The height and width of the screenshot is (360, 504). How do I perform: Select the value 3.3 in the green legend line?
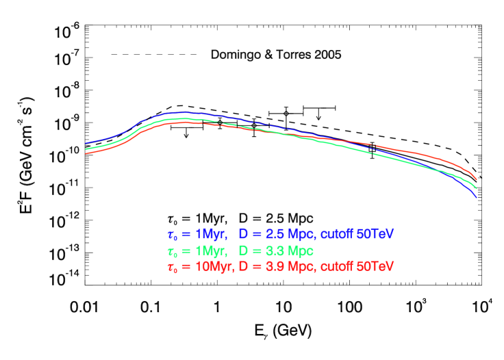277,250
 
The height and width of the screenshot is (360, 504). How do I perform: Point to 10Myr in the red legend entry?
213,266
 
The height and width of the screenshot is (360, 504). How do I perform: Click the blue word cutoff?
337,234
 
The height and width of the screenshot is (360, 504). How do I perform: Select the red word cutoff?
337,266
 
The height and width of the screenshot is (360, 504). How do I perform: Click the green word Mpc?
301,250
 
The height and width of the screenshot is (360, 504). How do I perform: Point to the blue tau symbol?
171,235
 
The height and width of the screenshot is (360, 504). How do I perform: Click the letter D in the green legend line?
242,250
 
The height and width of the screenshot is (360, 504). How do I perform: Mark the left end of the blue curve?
86,144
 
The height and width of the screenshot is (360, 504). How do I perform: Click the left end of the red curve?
86,153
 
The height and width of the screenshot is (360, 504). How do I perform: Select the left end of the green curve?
86,149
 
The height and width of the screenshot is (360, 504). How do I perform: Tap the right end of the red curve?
476,180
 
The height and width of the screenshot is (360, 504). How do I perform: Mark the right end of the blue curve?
476,197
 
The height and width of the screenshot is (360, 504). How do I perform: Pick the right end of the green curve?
476,188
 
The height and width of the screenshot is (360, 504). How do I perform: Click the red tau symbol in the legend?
171,266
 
